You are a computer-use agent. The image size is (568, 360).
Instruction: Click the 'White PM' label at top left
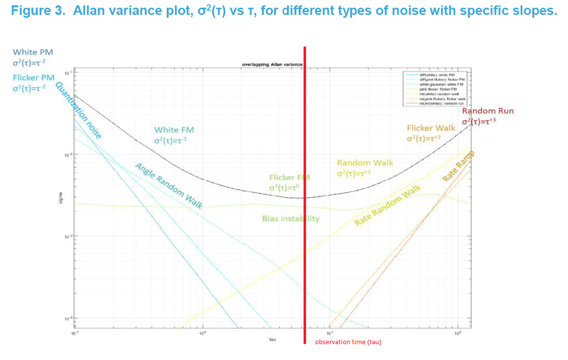tap(33, 52)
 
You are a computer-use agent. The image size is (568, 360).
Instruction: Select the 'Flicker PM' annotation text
tap(34, 77)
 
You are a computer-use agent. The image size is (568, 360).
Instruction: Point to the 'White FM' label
tap(174, 130)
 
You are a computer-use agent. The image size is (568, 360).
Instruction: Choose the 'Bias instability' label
tap(291, 219)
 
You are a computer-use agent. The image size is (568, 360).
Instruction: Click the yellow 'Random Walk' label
tap(365, 163)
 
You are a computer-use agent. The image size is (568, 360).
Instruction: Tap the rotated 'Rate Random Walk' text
tap(388, 206)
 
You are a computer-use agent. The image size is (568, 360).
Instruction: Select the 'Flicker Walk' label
tap(431, 128)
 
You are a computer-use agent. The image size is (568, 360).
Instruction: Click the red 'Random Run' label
tap(488, 111)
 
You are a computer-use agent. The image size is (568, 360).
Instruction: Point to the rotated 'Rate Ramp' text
tap(459, 168)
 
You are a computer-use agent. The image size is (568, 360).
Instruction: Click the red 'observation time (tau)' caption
tap(348, 342)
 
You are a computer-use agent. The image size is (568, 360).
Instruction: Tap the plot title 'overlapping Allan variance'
tap(272, 65)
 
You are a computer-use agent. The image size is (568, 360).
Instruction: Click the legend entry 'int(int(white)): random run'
tap(443, 103)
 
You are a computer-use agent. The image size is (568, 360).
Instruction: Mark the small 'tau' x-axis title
tap(273, 339)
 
